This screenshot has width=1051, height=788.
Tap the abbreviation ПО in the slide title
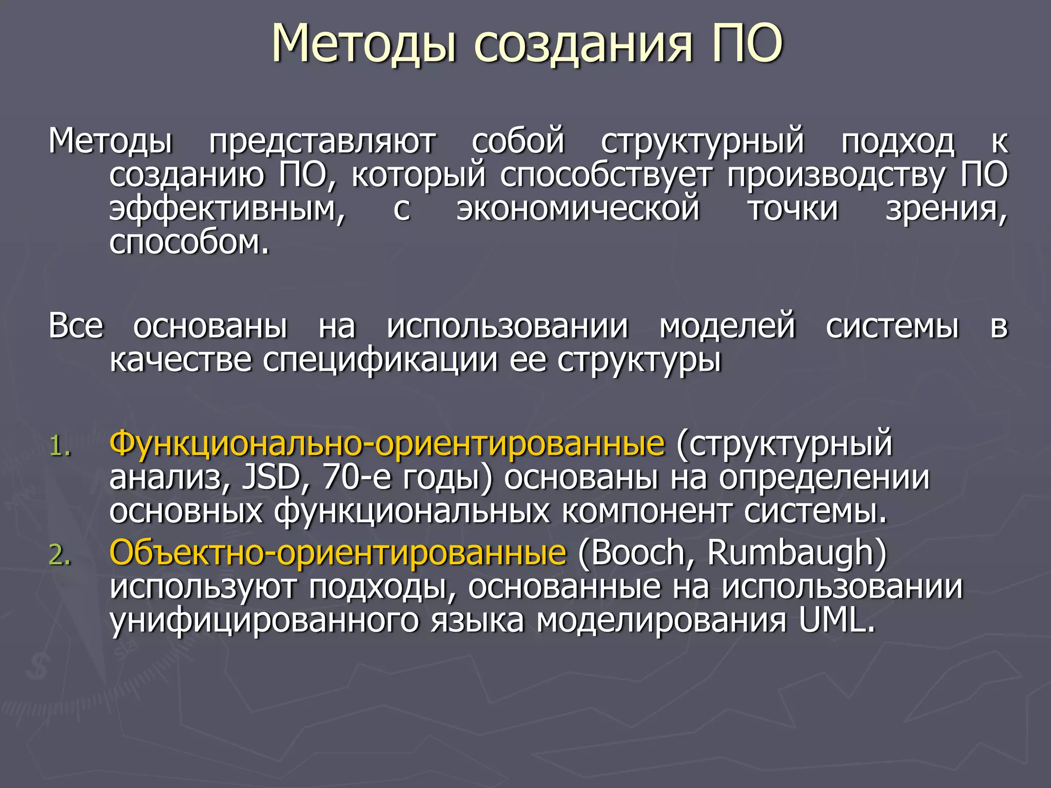point(747,44)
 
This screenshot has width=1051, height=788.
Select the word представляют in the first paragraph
point(322,141)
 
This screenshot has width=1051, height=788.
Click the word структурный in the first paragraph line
point(702,141)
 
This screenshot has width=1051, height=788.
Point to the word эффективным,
point(227,209)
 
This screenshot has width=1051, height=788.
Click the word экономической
point(578,209)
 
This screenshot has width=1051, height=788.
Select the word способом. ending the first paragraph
point(189,242)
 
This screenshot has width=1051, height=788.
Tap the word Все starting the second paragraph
point(76,326)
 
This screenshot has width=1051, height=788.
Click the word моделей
point(727,326)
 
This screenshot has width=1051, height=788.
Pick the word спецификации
point(380,360)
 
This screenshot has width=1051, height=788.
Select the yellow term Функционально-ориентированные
point(387,444)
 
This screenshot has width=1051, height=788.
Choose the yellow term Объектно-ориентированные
point(338,553)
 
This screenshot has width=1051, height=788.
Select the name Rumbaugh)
point(796,553)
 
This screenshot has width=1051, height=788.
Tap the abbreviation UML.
point(836,621)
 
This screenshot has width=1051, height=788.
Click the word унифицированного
point(264,621)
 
